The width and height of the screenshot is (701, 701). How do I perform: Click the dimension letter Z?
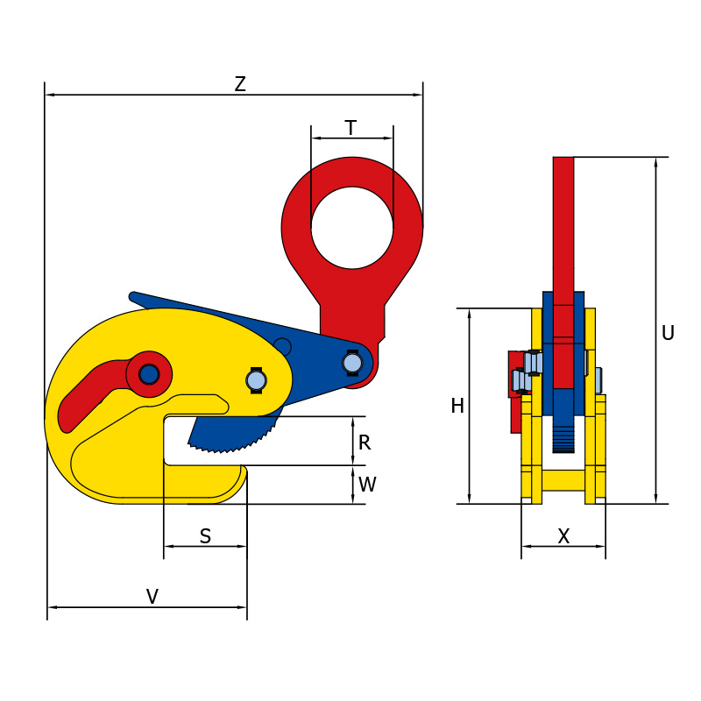pos(240,84)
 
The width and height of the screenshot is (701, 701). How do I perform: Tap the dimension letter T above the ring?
pos(351,128)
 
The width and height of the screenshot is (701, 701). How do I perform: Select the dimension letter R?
pos(365,443)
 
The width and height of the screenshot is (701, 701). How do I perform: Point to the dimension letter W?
pos(367,485)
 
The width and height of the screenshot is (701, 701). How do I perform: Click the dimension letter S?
pos(205,535)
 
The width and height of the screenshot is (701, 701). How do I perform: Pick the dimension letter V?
pos(152,597)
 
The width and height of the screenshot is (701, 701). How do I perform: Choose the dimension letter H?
pos(457,406)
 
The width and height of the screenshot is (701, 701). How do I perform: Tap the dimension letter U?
pos(668,333)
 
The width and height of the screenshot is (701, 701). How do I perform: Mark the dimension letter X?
pos(563,535)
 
